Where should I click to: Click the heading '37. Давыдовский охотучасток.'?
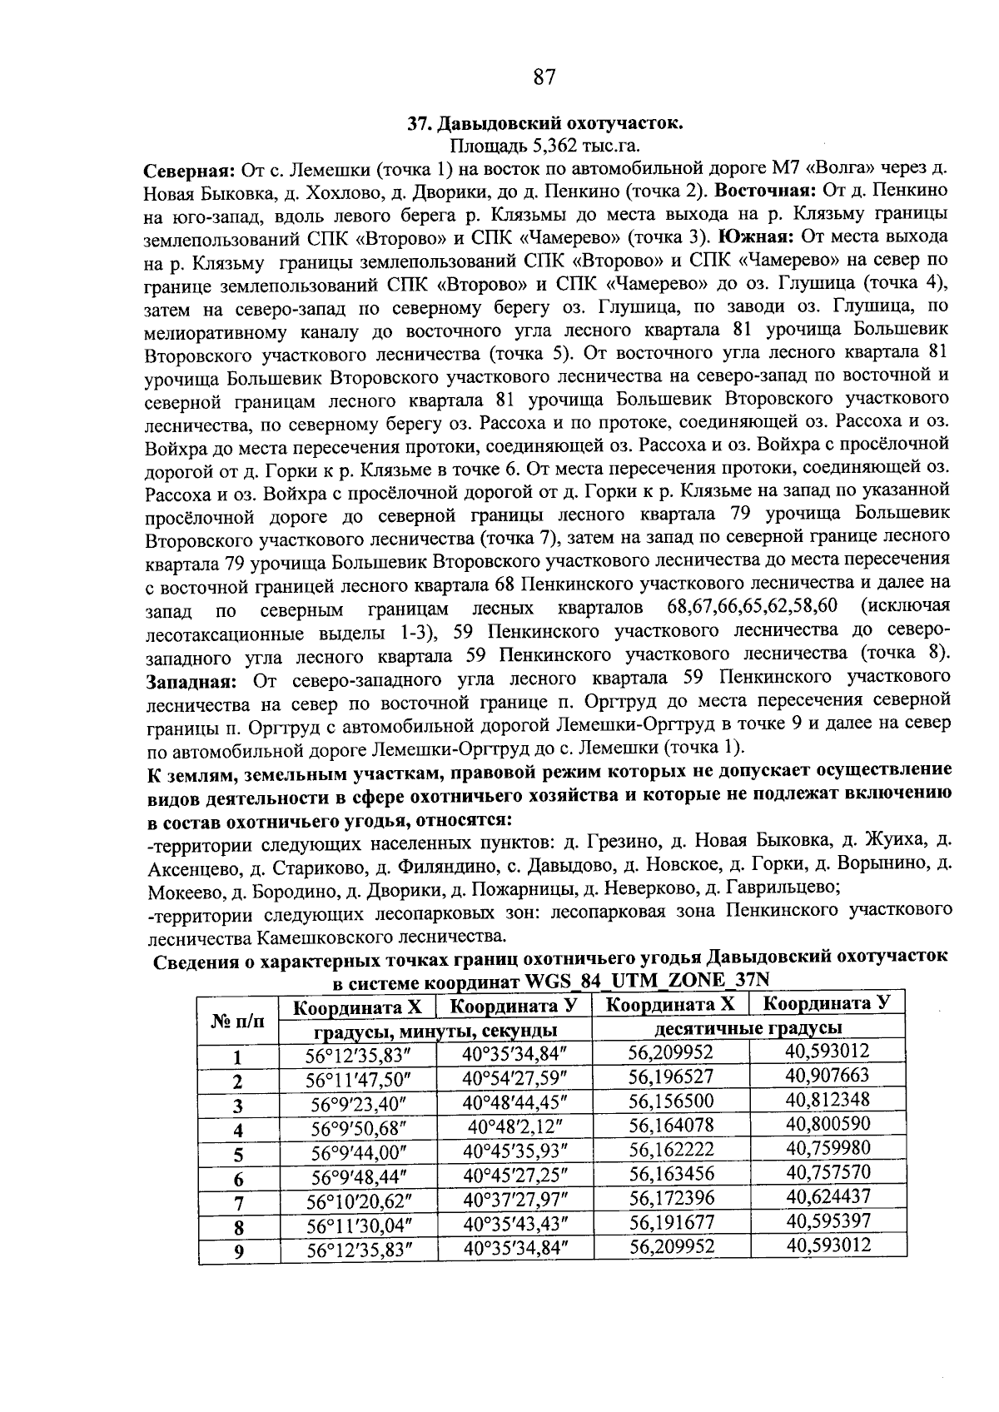click(x=545, y=124)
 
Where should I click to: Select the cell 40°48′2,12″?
click(x=514, y=1127)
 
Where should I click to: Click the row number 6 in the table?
click(x=239, y=1179)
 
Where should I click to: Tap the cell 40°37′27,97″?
click(x=514, y=1200)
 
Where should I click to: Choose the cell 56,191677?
click(x=671, y=1222)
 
